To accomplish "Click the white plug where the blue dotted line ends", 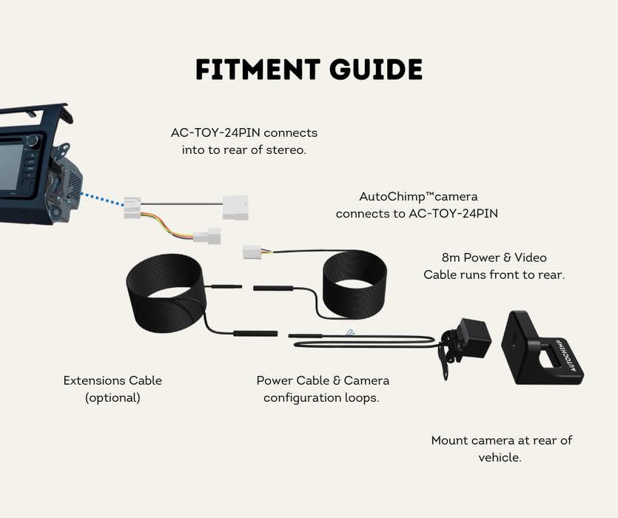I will pos(132,208).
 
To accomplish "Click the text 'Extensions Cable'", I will pos(112,381).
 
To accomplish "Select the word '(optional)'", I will pos(112,397).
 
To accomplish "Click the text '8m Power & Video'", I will pos(494,258).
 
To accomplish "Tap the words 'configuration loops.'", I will pos(322,397).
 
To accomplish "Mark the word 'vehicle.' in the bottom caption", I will pos(500,457).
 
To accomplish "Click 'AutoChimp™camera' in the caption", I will pos(418,197).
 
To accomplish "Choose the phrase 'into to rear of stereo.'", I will pos(243,149).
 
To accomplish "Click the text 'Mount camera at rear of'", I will pos(501,440).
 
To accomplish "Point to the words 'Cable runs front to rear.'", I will pos(494,275).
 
